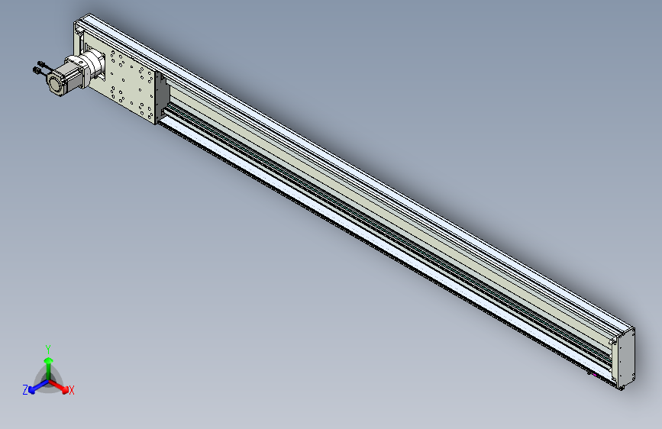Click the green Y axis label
pyautogui.click(x=48, y=350)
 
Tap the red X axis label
pyautogui.click(x=72, y=391)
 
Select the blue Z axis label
pyautogui.click(x=25, y=390)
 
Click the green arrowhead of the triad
pyautogui.click(x=49, y=361)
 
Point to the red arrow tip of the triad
pyautogui.click(x=65, y=389)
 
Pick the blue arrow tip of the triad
pyautogui.click(x=32, y=390)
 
